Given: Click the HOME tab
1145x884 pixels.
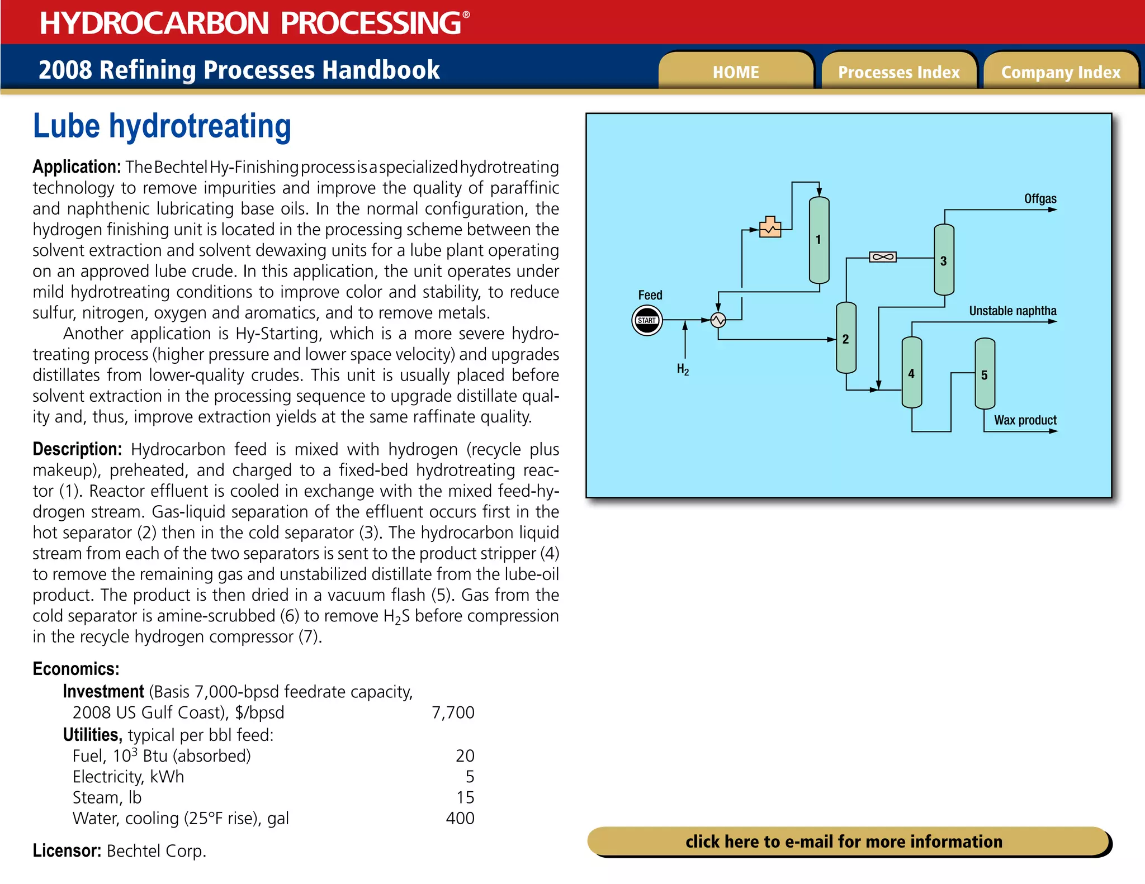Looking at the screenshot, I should pyautogui.click(x=736, y=72).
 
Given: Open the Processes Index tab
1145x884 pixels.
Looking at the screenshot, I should pyautogui.click(x=898, y=72).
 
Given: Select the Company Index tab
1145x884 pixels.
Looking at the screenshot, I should pyautogui.click(x=1061, y=72).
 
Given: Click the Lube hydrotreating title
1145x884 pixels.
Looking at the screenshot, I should pyautogui.click(x=162, y=126).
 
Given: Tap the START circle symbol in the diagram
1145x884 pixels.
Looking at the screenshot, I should pyautogui.click(x=647, y=320).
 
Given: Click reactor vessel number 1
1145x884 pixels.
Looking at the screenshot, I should pyautogui.click(x=819, y=240).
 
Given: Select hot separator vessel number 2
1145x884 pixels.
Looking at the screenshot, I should pyautogui.click(x=846, y=338).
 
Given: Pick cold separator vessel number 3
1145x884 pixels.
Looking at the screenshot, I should pyautogui.click(x=944, y=260).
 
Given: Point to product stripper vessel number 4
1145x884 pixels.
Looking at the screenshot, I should pyautogui.click(x=911, y=373).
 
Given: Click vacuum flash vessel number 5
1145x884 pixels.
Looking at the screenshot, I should pyautogui.click(x=985, y=374).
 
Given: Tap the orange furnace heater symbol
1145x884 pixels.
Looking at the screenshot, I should pyautogui.click(x=770, y=227).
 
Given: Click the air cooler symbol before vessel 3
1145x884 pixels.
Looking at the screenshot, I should pyautogui.click(x=883, y=257).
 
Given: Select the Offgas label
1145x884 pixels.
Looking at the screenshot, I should pyautogui.click(x=1040, y=199).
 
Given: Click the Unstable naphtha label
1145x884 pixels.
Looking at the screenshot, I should pyautogui.click(x=1012, y=311).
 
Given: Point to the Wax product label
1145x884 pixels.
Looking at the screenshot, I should pyautogui.click(x=1025, y=420).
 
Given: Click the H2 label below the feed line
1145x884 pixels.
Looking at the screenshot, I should pyautogui.click(x=683, y=369).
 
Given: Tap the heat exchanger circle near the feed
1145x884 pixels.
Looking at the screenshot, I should pyautogui.click(x=718, y=320).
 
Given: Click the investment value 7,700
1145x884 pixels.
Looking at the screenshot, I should pyautogui.click(x=453, y=712).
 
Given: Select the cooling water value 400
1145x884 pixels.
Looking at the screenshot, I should pyautogui.click(x=460, y=818).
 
